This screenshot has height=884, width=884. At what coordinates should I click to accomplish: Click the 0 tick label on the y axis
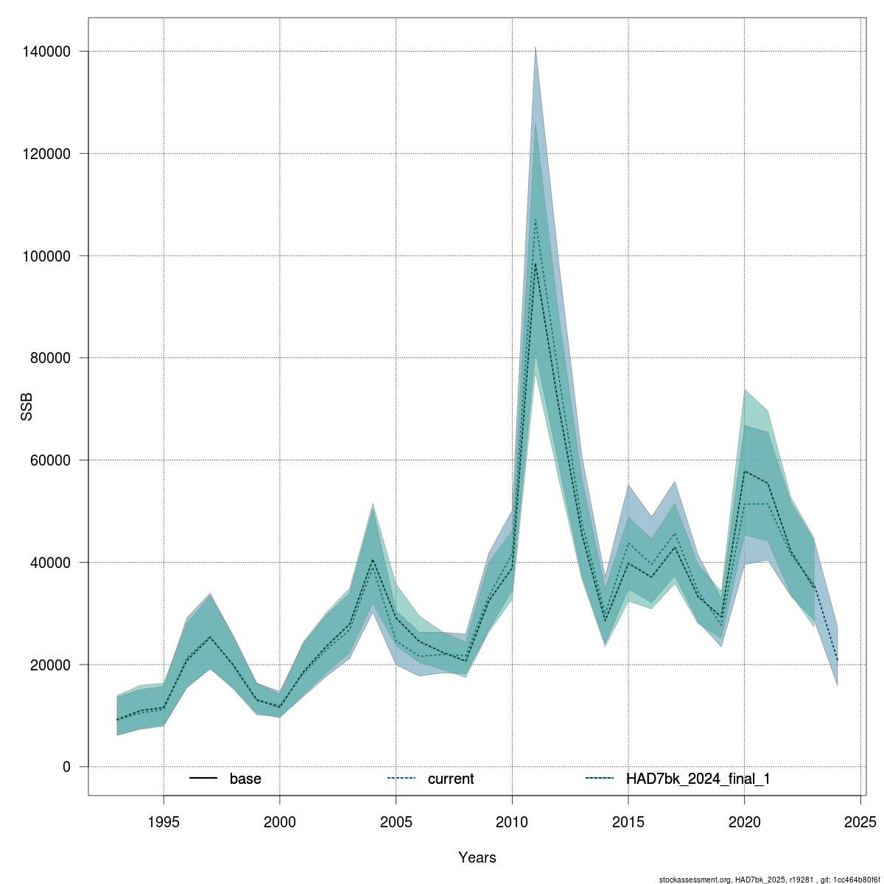point(66,767)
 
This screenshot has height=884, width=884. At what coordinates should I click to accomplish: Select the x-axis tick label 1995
point(164,821)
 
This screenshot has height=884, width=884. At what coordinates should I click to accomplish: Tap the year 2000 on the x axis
point(280,821)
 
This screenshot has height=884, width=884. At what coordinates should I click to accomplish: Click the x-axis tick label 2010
point(512,821)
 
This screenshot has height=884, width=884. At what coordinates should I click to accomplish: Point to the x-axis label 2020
point(745,821)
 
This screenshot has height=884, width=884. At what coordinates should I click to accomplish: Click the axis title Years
point(477,857)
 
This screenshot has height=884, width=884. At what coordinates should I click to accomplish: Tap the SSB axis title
point(27,407)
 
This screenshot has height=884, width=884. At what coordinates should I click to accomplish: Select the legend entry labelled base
point(245,779)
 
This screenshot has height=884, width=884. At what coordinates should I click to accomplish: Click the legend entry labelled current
point(450,779)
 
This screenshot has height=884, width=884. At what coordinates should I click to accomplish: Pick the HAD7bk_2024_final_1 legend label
point(698,779)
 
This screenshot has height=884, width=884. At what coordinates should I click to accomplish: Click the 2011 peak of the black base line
point(536,263)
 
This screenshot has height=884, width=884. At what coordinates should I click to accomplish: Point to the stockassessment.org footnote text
point(769,880)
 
